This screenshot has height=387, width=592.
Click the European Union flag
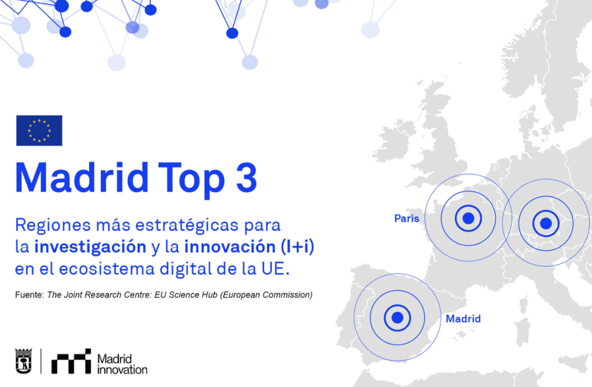(x=39, y=131)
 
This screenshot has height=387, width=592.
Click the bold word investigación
(x=90, y=247)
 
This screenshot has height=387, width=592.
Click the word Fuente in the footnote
(x=28, y=295)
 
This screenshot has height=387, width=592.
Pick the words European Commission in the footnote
(x=269, y=295)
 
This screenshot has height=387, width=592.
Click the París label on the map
(x=407, y=219)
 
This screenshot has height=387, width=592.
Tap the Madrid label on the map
(x=463, y=319)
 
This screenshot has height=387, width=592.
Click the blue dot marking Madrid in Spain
(x=397, y=317)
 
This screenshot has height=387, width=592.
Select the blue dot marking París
(x=468, y=218)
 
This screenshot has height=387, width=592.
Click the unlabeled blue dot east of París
(x=545, y=223)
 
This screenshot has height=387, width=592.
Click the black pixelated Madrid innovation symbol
(x=71, y=360)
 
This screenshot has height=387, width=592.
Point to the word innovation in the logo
(x=122, y=369)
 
